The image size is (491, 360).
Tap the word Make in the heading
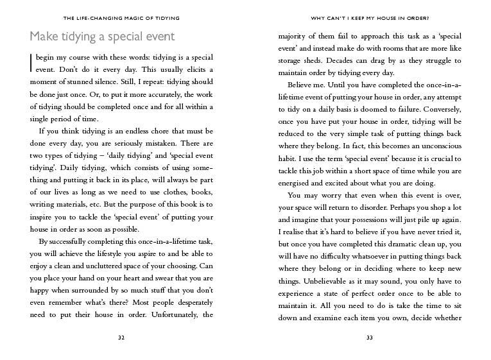point(44,37)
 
